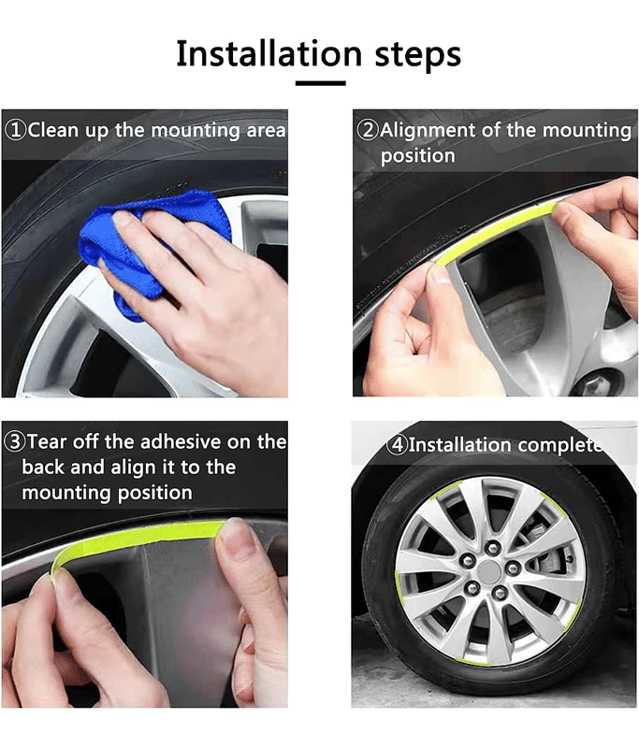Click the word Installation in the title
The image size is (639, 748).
269,53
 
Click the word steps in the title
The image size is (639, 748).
418,55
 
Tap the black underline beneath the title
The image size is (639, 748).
320,83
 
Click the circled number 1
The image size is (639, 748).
15,130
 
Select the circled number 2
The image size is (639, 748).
368,130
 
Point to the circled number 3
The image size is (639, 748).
14,441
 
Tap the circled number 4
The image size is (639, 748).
397,445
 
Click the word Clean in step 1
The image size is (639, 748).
52,130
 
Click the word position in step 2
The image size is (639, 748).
418,156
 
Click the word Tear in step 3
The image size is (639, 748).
47,441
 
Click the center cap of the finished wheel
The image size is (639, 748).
488,570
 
